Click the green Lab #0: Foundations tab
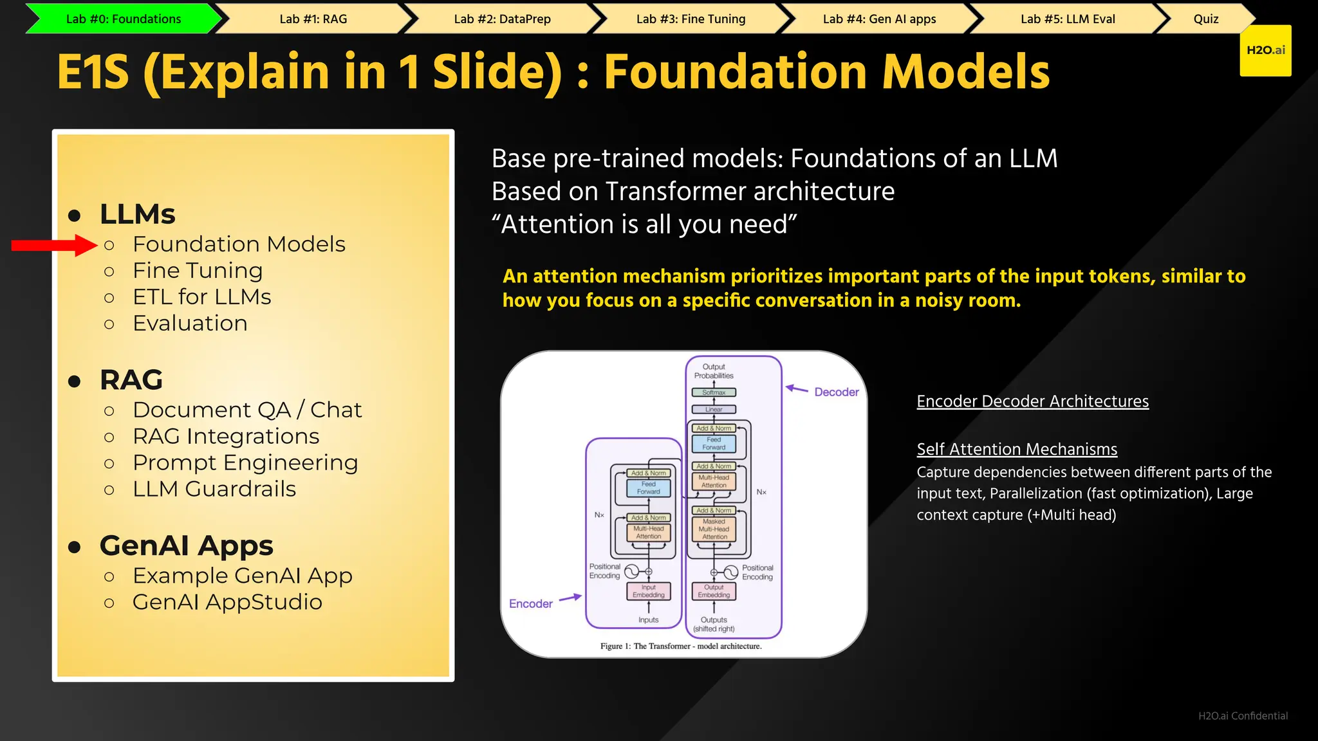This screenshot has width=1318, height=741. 124,19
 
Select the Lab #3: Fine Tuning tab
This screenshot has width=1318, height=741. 691,19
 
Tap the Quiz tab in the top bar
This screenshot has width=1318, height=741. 1205,19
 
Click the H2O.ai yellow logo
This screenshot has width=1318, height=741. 1265,51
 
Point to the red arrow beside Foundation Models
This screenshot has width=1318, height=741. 54,245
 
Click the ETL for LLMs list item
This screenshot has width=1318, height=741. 201,297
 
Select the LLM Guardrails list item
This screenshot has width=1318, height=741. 214,489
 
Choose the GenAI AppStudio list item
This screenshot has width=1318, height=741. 227,603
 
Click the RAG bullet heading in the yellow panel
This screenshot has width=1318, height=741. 131,380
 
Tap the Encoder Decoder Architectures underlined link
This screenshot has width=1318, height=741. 1032,401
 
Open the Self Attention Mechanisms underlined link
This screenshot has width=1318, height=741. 1017,449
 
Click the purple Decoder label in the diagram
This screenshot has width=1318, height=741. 836,392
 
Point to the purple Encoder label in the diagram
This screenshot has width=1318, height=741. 530,604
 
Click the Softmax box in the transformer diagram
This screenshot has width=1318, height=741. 714,392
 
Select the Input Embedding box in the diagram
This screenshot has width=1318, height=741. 648,591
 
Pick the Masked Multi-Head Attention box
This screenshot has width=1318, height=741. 714,529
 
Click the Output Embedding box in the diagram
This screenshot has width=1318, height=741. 714,591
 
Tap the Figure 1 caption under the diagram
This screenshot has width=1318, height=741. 681,646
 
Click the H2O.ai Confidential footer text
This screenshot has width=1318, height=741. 1243,716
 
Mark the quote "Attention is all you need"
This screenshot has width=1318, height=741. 644,224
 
